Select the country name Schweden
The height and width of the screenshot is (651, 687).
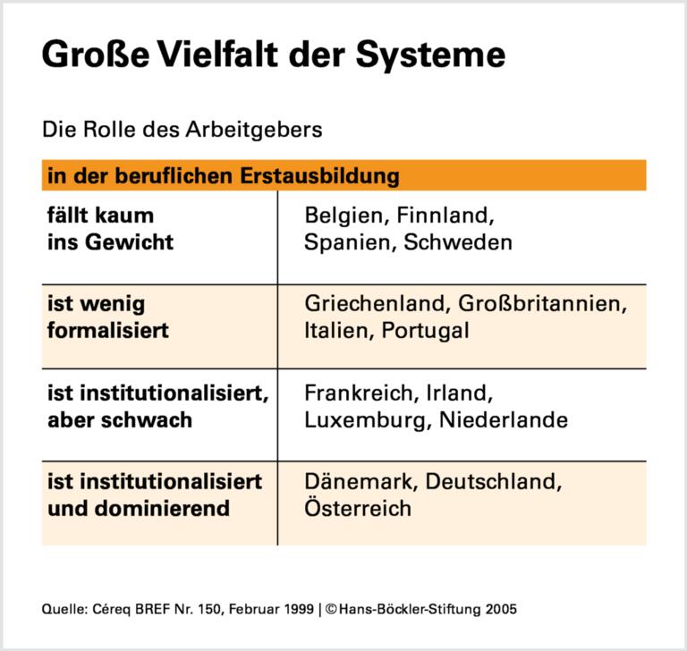click(459, 242)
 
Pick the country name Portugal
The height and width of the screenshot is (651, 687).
click(425, 330)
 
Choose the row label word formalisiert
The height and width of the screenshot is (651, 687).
click(108, 330)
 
